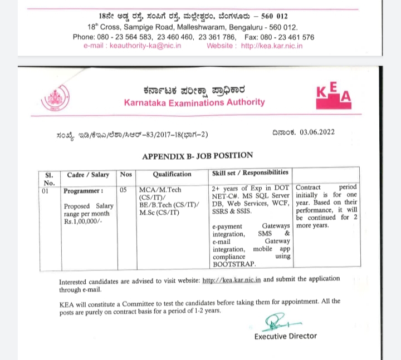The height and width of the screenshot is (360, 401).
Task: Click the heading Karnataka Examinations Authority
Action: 194,102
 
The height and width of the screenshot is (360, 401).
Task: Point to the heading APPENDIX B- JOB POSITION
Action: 197,156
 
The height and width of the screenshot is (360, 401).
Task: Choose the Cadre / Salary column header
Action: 88,174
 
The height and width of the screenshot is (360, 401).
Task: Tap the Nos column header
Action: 125,174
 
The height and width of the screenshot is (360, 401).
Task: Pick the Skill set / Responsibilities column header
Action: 250,173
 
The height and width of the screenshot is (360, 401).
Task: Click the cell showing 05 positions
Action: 124,190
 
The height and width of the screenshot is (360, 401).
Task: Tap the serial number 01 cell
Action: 46,191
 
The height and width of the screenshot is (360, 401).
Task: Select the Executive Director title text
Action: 285,336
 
